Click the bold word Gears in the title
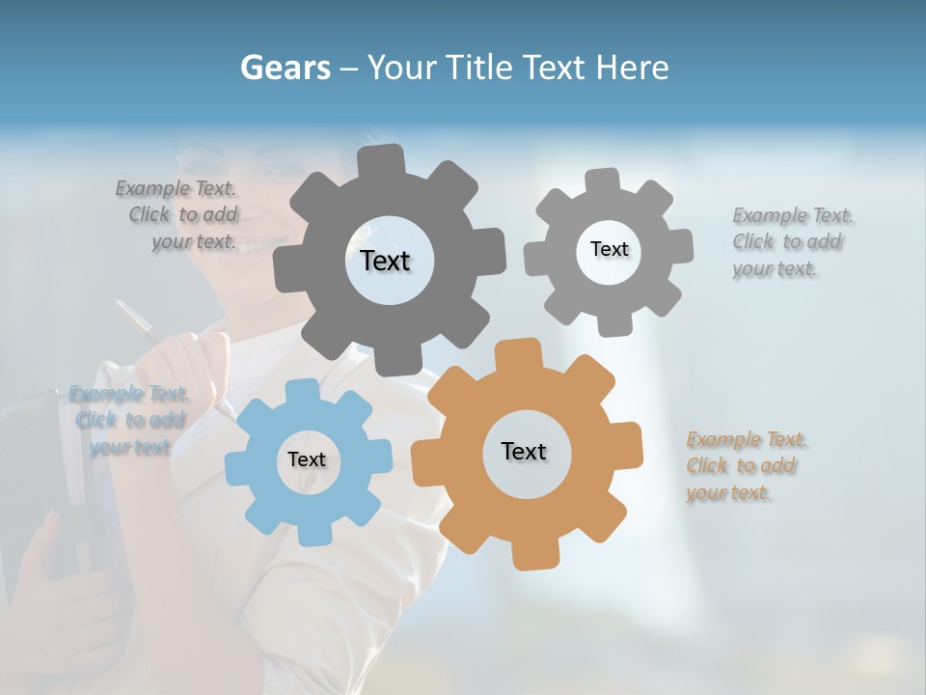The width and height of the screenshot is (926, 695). [x=286, y=69]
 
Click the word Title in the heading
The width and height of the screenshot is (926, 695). [x=478, y=69]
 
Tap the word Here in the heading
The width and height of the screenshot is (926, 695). [x=632, y=69]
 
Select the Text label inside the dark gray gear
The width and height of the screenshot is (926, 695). [x=385, y=261]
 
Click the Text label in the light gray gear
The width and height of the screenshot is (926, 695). [x=609, y=249]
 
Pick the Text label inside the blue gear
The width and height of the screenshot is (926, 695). [x=307, y=459]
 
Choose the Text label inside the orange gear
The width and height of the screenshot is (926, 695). [x=524, y=451]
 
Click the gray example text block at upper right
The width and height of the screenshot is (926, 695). [x=787, y=242]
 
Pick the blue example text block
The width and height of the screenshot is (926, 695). [x=129, y=420]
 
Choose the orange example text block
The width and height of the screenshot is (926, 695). [x=743, y=466]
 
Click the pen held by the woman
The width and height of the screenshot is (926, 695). [x=134, y=319]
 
